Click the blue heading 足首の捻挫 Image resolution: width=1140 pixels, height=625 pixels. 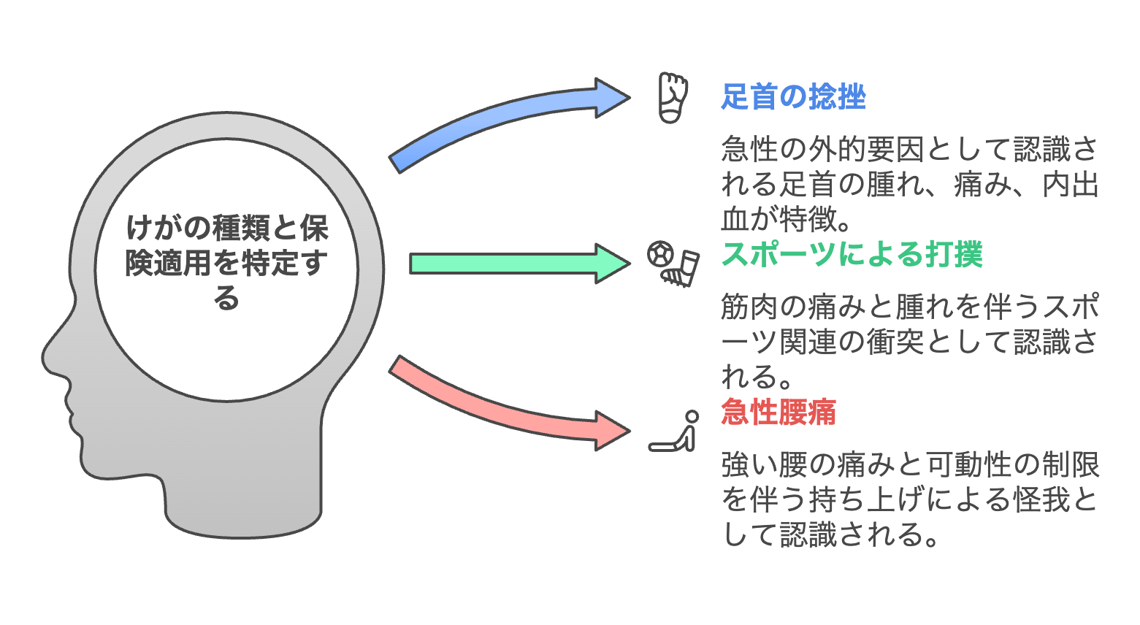(793, 96)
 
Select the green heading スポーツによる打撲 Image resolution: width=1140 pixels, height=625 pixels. (852, 254)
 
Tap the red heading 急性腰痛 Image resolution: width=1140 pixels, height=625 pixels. (779, 412)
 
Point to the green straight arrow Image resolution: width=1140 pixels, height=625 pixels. (520, 264)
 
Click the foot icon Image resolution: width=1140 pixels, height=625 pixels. (673, 97)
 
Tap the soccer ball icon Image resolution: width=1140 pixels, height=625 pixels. (661, 253)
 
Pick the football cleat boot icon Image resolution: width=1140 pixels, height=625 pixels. (681, 269)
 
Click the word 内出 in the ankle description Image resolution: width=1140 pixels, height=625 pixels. (1071, 184)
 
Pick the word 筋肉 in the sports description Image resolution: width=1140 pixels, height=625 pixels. (749, 307)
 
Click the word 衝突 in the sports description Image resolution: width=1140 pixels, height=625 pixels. (895, 342)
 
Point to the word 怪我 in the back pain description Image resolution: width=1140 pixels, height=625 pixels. (1041, 499)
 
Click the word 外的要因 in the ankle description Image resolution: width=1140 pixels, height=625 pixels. (867, 149)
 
